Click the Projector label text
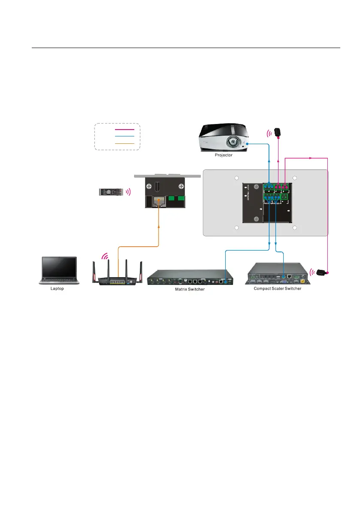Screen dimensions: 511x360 point(224,155)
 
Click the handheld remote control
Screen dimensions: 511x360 point(113,192)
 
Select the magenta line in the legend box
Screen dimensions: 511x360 point(124,129)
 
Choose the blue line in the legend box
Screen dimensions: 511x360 point(124,136)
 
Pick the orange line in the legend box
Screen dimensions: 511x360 point(124,143)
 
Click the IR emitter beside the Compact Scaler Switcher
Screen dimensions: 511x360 point(322,272)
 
